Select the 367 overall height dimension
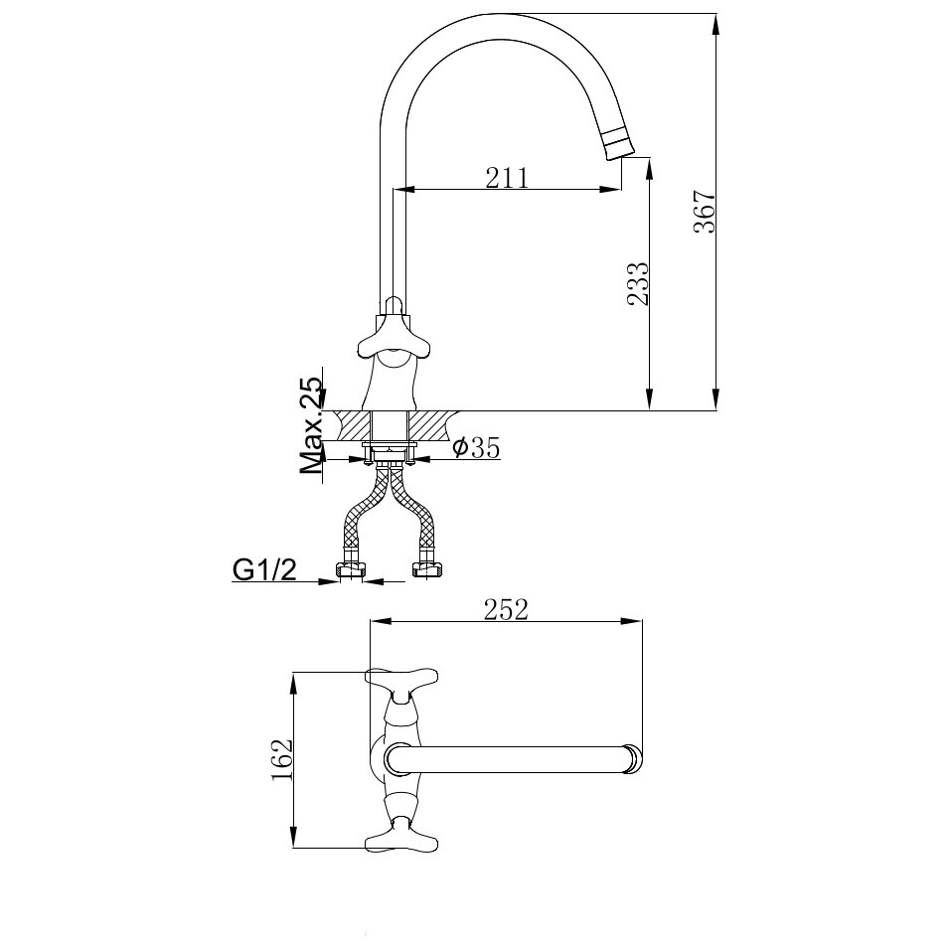(x=704, y=211)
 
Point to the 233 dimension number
(x=637, y=284)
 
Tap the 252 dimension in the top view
(x=506, y=609)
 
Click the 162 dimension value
(x=282, y=761)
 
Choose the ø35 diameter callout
(x=476, y=448)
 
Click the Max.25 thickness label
(x=313, y=425)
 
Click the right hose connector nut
(x=428, y=569)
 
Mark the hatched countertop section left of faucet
(x=352, y=424)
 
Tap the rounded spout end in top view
(x=633, y=759)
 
